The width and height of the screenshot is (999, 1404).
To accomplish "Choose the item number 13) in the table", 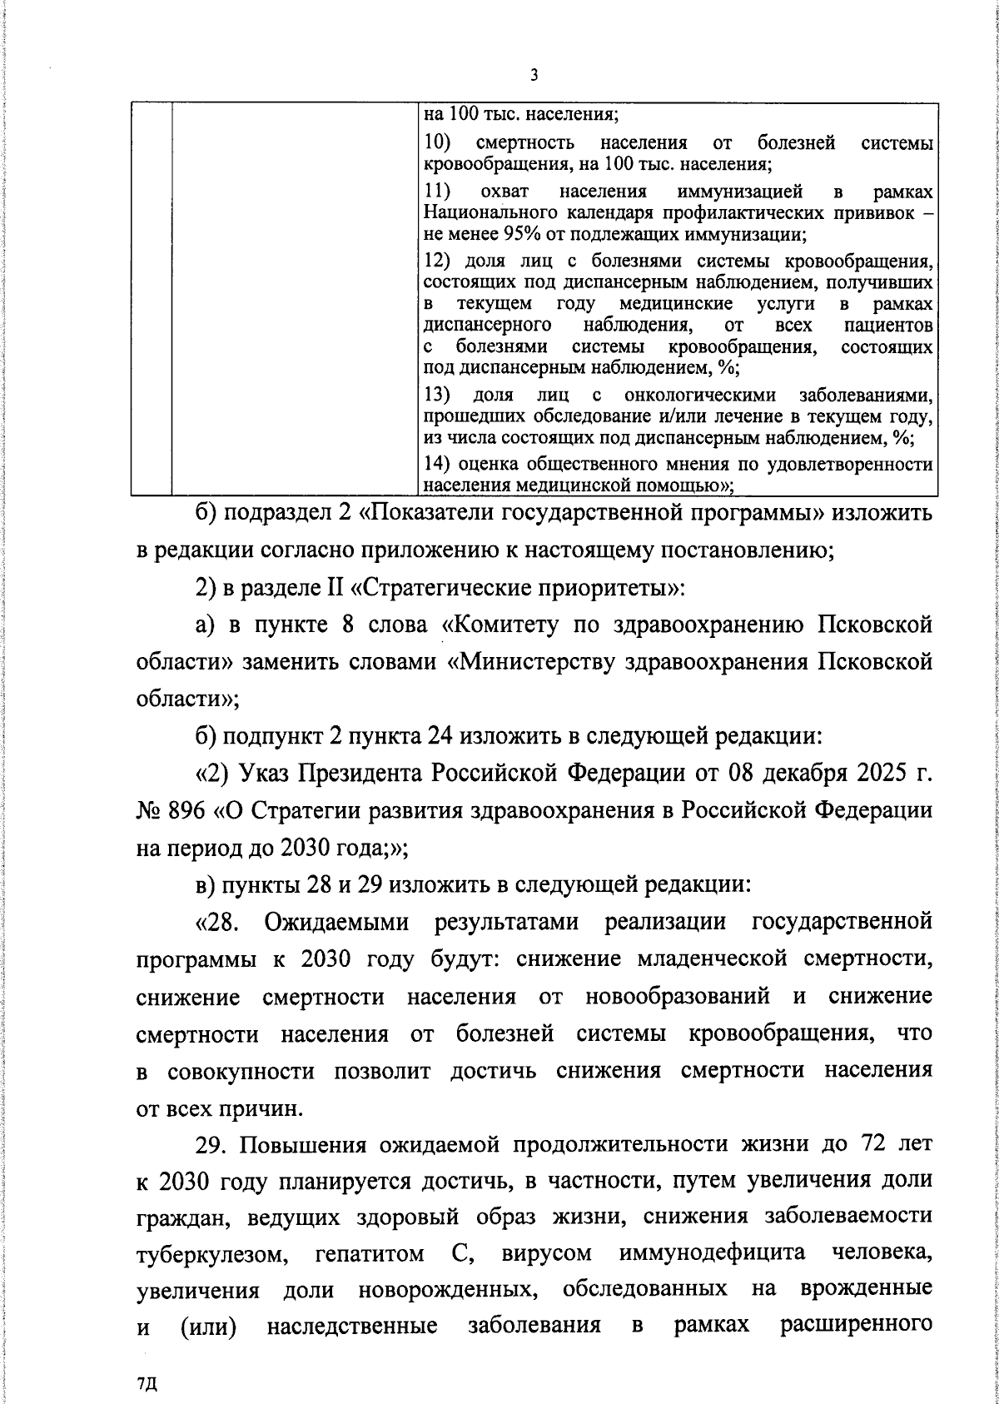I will [x=438, y=394].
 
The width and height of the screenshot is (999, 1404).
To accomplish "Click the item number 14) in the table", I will [x=438, y=465].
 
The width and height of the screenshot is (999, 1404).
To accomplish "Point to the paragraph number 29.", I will [x=213, y=1146].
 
